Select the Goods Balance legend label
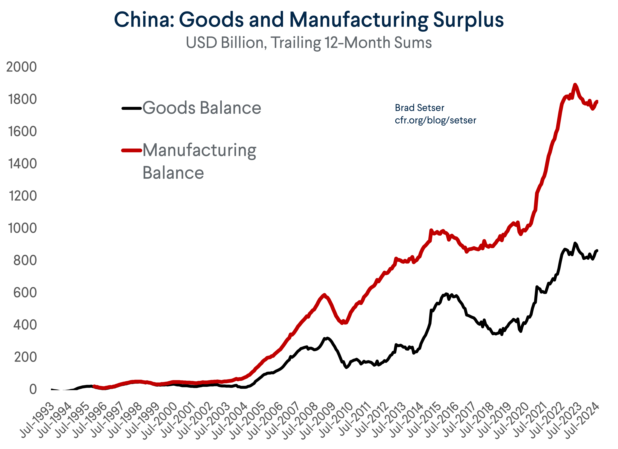pyautogui.click(x=202, y=108)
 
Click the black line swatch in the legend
pyautogui.click(x=132, y=108)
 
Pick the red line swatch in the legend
pyautogui.click(x=132, y=150)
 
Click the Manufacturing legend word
pyautogui.click(x=199, y=150)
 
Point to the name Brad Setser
pyautogui.click(x=419, y=108)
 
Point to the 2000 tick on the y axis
pyautogui.click(x=22, y=67)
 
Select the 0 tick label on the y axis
pyautogui.click(x=33, y=389)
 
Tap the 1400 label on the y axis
pyautogui.click(x=22, y=164)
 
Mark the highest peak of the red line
pyautogui.click(x=575, y=85)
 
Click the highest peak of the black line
pyautogui.click(x=575, y=243)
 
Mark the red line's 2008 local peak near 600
pyautogui.click(x=324, y=295)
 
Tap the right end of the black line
pyautogui.click(x=597, y=250)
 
